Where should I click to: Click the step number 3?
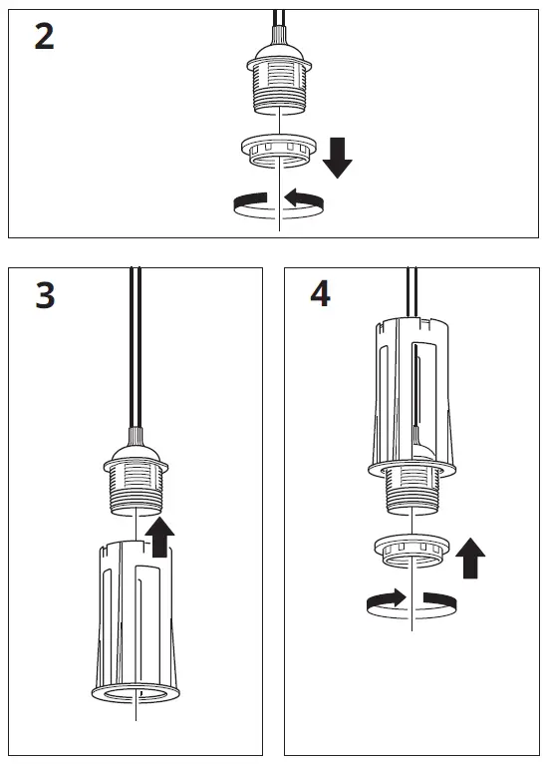point(45,296)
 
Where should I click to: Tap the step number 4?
point(320,294)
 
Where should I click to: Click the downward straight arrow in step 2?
point(337,157)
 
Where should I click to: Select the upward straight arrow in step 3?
point(158,539)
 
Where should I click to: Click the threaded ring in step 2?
point(279,151)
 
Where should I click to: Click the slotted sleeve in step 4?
point(411,389)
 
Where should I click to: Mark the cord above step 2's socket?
point(279,20)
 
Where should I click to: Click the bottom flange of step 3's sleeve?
point(135,692)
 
